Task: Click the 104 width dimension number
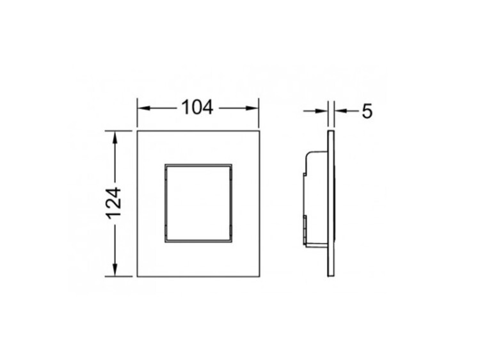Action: [x=197, y=107]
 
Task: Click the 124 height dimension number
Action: [x=114, y=203]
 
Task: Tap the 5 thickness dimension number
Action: [x=367, y=111]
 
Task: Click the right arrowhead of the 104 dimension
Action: [x=252, y=108]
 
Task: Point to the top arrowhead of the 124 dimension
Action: [x=115, y=137]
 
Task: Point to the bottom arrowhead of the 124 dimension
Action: [x=115, y=270]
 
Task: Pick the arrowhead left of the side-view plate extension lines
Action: [x=321, y=111]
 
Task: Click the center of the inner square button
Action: [x=198, y=203]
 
